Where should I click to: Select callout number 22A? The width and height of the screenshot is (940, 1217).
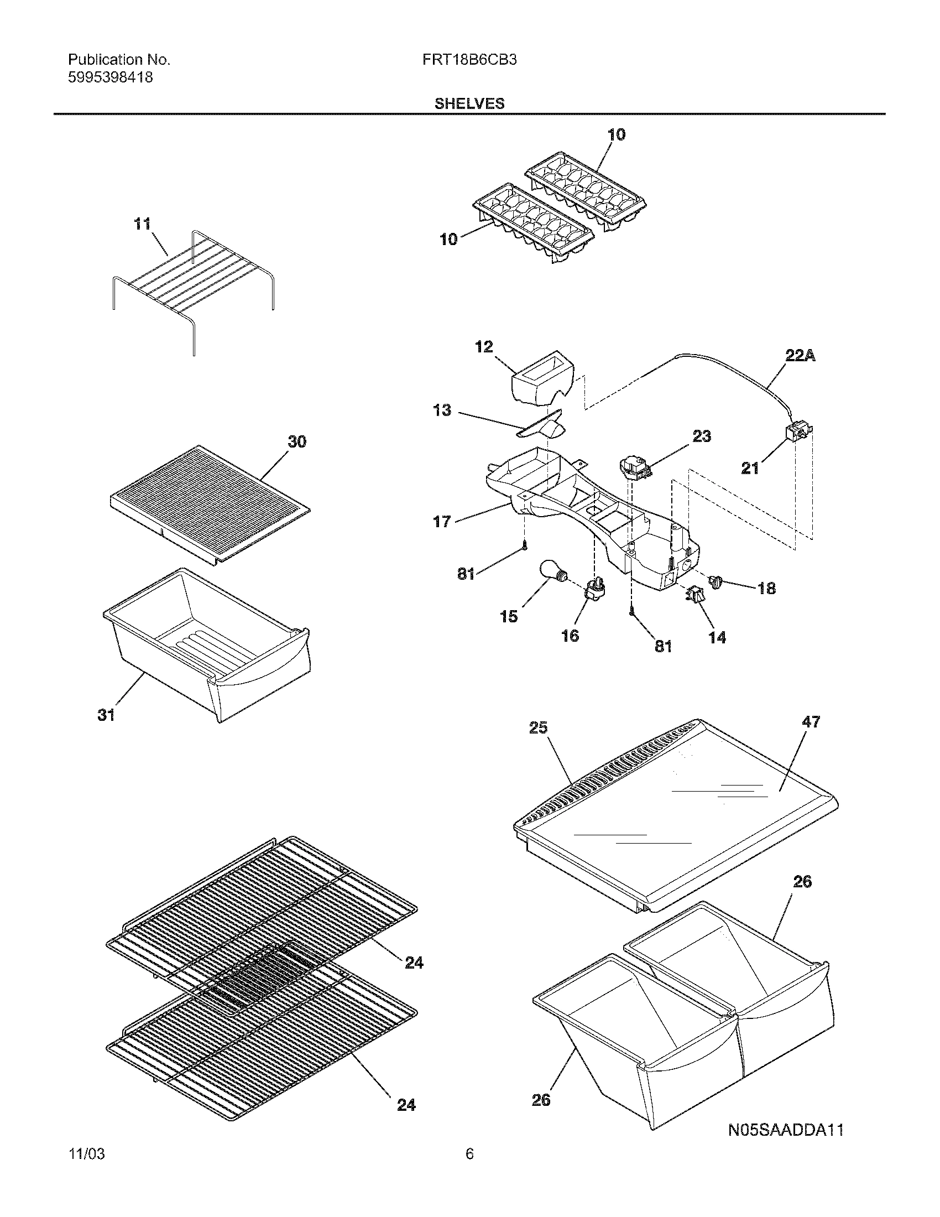(x=800, y=356)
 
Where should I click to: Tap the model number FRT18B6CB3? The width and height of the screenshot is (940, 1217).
(x=469, y=60)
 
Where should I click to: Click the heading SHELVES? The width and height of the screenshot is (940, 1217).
(x=469, y=103)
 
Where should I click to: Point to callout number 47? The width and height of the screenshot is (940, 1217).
(x=811, y=721)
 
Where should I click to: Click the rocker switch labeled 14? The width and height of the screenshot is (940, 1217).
(x=694, y=595)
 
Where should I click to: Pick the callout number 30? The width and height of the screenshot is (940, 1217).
(x=296, y=442)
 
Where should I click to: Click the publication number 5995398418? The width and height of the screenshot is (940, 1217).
(x=110, y=77)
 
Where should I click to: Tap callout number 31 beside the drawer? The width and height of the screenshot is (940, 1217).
(x=106, y=715)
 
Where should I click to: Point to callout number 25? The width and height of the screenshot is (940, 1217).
(x=538, y=728)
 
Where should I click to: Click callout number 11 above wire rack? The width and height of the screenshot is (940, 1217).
(x=142, y=224)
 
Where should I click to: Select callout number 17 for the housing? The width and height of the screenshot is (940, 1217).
(x=442, y=522)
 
